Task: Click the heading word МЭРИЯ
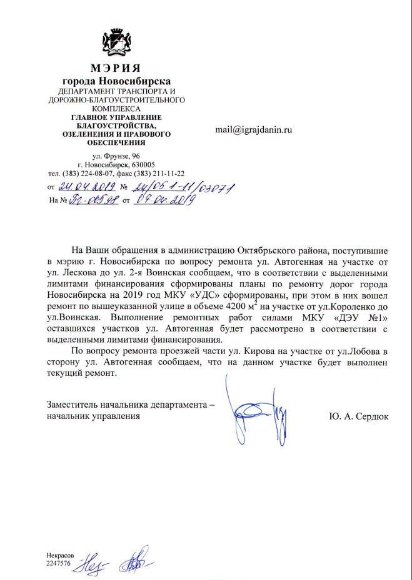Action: tap(115, 68)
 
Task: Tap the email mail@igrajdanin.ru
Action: tap(254, 130)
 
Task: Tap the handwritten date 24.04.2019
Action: tap(84, 187)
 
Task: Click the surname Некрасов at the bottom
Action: tap(60, 555)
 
